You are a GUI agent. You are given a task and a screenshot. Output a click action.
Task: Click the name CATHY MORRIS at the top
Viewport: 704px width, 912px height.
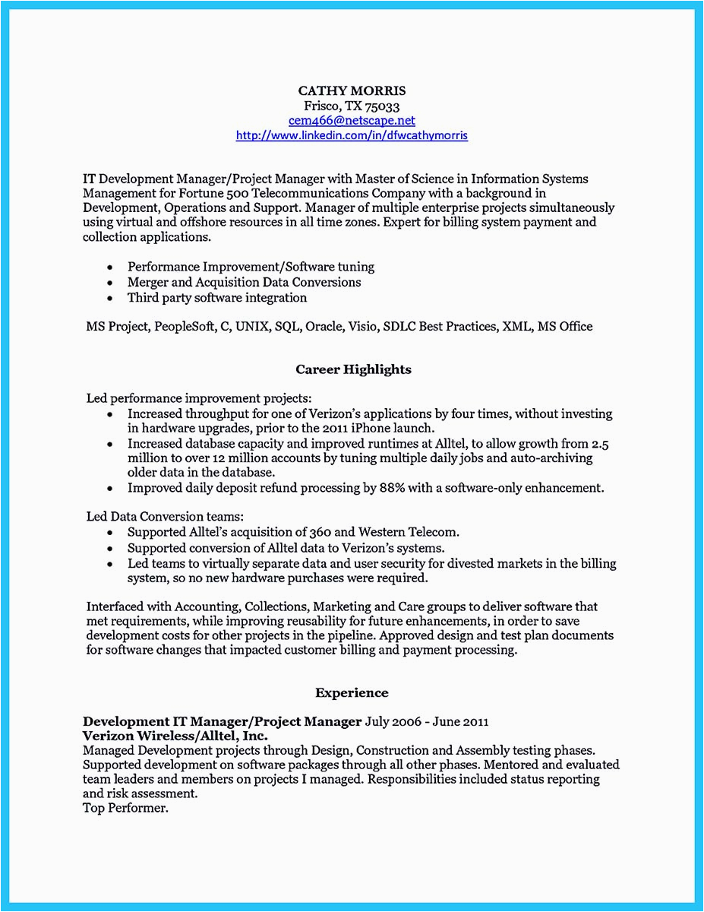click(352, 91)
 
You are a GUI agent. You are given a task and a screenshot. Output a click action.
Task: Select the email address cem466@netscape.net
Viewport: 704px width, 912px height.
click(352, 121)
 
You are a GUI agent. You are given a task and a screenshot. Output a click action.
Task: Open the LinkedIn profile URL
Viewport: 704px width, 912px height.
click(352, 135)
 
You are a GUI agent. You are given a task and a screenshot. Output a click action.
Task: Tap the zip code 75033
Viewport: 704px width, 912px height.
click(383, 106)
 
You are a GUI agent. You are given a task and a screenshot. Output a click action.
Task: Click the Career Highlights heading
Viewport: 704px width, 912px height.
click(353, 369)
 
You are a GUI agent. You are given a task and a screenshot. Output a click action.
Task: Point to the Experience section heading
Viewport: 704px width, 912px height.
click(352, 693)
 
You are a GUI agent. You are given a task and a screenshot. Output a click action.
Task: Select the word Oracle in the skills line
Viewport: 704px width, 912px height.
click(324, 327)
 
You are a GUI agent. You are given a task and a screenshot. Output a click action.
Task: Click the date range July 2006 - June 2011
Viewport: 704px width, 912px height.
click(427, 721)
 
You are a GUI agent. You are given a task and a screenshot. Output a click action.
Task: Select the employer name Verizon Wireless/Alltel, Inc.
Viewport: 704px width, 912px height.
click(175, 736)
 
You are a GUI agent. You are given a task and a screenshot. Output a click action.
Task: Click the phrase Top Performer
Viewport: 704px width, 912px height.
click(125, 808)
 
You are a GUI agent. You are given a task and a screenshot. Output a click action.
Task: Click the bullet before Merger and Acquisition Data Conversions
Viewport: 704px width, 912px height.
click(111, 283)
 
